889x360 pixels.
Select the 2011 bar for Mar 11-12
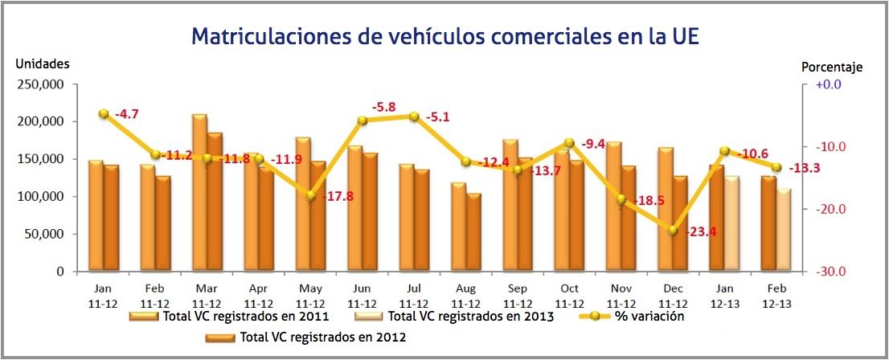[x=199, y=193]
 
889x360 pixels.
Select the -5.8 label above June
[x=383, y=107]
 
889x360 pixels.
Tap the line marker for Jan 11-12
[x=104, y=114]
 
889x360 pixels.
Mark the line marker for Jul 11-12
[x=414, y=117]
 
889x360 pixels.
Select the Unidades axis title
[x=43, y=63]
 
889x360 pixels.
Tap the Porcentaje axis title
[x=832, y=67]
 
